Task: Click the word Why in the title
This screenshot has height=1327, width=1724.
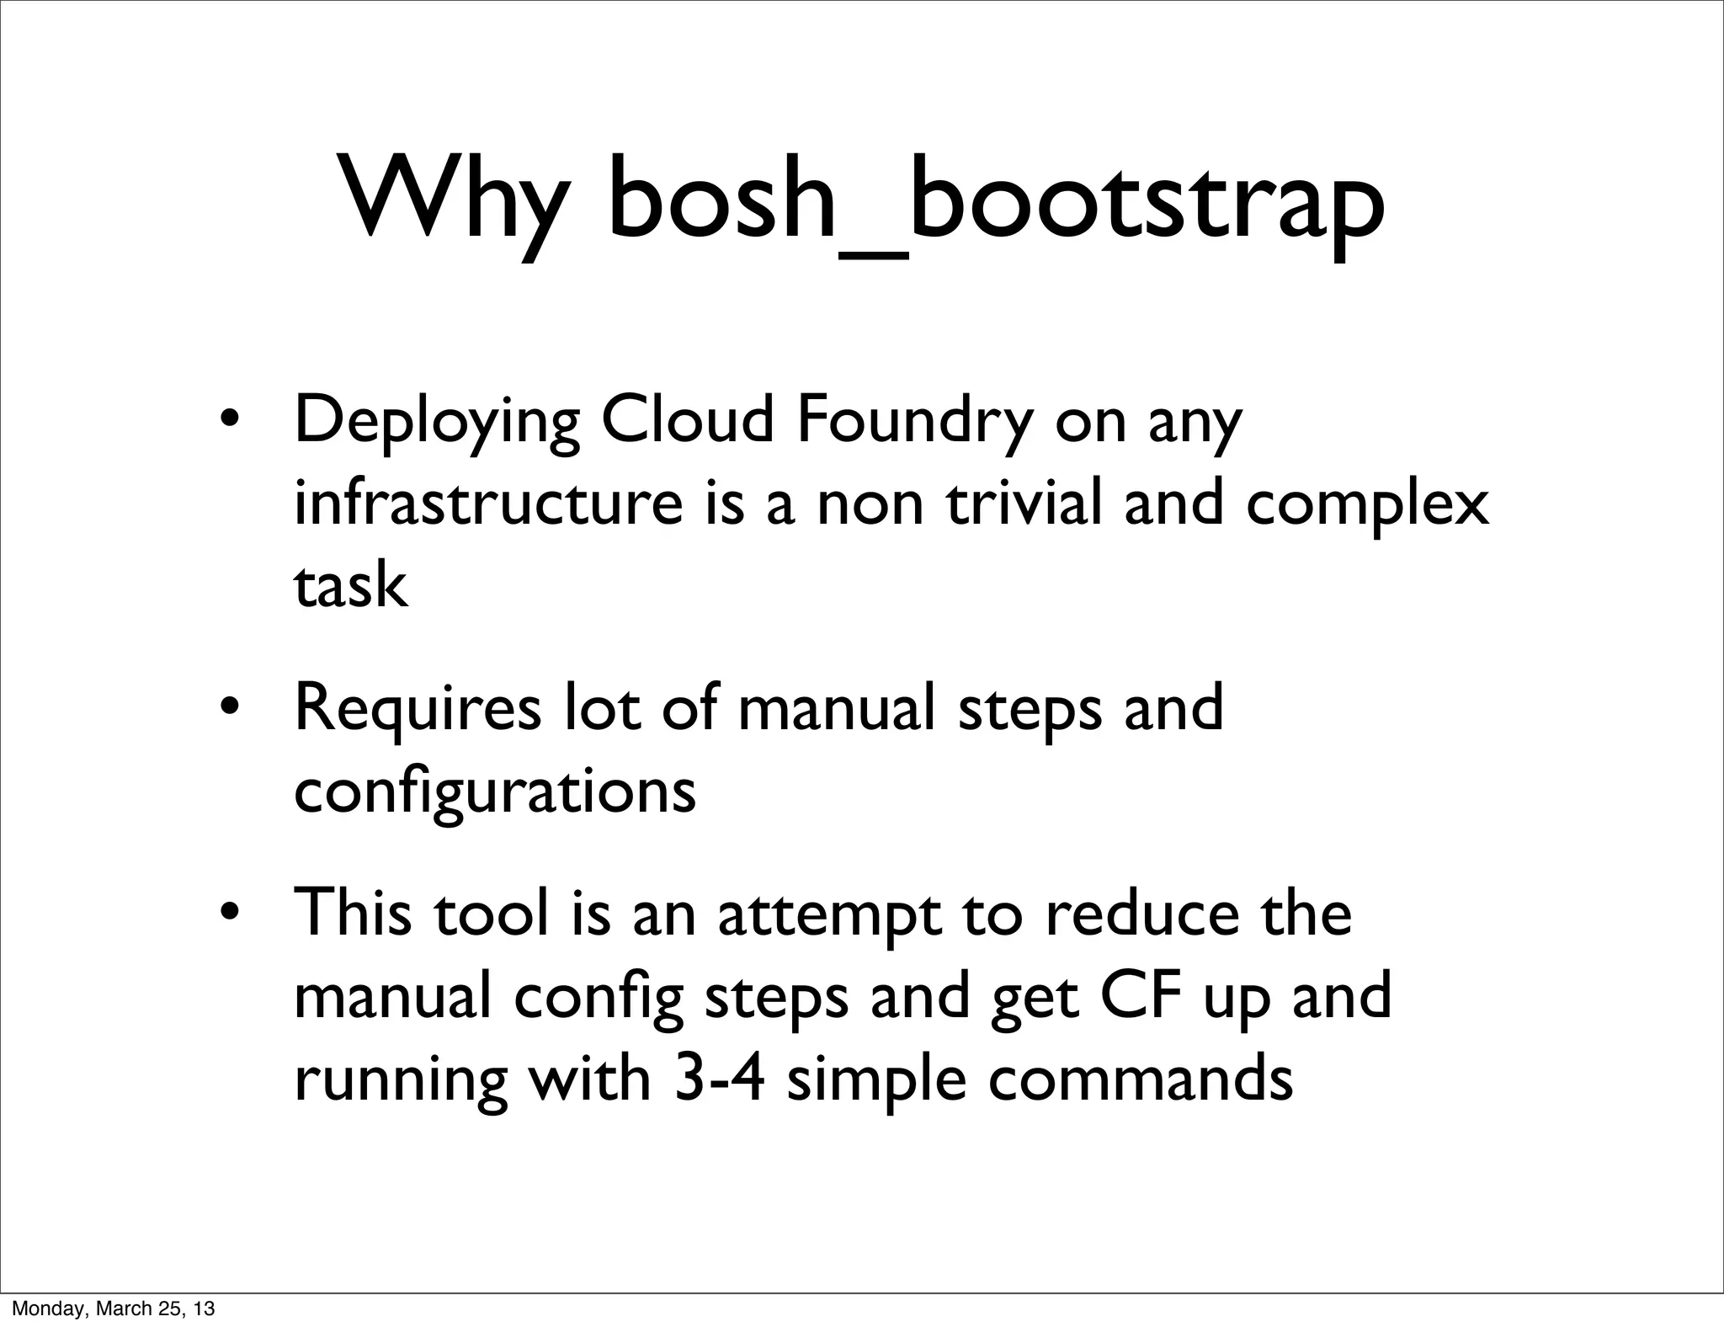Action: click(450, 200)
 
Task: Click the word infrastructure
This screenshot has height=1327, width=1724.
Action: click(487, 503)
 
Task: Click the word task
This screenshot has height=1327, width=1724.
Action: click(350, 585)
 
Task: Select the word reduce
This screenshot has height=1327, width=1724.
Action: click(1141, 914)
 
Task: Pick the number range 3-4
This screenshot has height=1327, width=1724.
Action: click(719, 1079)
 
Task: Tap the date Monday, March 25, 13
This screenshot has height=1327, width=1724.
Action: click(114, 1308)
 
